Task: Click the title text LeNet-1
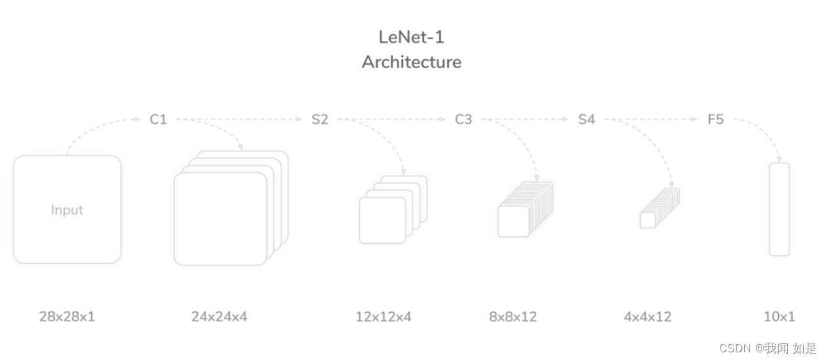(x=411, y=37)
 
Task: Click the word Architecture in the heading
(x=411, y=62)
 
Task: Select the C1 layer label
(x=158, y=119)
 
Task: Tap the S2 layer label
(x=320, y=119)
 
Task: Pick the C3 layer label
(x=463, y=119)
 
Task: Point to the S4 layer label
(x=586, y=119)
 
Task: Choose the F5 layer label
(x=716, y=119)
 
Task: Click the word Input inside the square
(x=67, y=210)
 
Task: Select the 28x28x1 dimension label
(x=67, y=316)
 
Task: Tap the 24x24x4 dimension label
(x=219, y=316)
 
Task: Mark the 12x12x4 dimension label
(x=384, y=316)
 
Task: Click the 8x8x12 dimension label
(x=513, y=316)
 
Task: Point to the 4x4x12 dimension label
(x=647, y=316)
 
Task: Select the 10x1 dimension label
(x=779, y=316)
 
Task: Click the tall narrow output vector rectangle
(x=779, y=209)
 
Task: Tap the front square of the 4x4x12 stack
(x=647, y=220)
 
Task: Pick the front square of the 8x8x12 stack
(x=513, y=221)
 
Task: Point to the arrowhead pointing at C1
(x=137, y=119)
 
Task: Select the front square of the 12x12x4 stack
(x=382, y=220)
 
